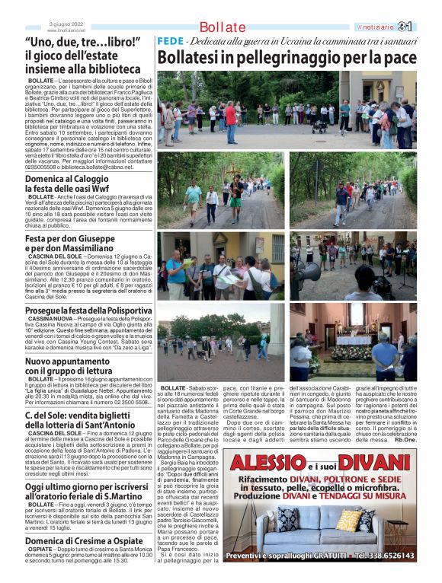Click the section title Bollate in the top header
click(223, 27)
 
